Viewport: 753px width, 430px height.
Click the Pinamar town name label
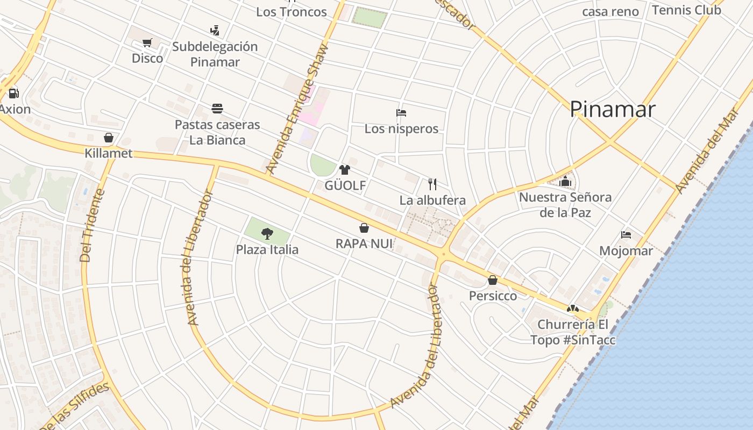click(x=612, y=109)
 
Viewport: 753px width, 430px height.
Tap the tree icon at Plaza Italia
click(x=267, y=233)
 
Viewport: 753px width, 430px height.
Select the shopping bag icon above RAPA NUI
click(x=364, y=228)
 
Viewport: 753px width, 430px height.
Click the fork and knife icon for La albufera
click(x=432, y=184)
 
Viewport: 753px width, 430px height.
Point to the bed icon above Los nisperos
click(x=401, y=113)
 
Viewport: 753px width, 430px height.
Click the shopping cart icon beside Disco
click(x=147, y=42)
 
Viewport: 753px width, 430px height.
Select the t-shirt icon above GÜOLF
click(x=345, y=170)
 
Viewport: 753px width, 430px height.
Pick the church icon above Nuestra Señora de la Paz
click(x=565, y=181)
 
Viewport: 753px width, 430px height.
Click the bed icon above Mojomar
click(x=626, y=235)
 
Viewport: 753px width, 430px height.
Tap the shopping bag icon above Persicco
click(x=493, y=280)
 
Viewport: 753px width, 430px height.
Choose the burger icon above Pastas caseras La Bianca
click(x=217, y=109)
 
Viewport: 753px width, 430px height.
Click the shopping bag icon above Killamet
click(x=109, y=138)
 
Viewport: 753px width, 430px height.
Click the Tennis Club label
click(x=686, y=10)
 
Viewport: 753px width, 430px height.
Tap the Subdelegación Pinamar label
click(x=215, y=54)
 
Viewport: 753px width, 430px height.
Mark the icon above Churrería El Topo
click(x=573, y=309)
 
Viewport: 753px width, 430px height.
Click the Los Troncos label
click(x=292, y=12)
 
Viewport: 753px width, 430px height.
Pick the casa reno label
click(x=610, y=11)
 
